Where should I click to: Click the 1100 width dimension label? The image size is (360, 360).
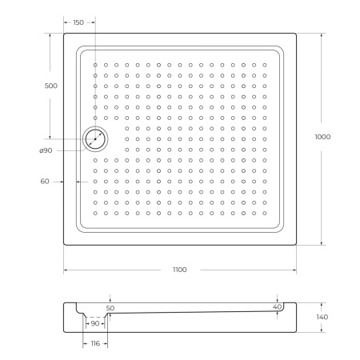coord(179,270)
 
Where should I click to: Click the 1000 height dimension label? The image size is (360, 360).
coord(322,137)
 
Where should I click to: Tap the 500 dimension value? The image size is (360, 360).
coord(50,86)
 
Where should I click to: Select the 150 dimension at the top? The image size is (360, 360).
coord(78,22)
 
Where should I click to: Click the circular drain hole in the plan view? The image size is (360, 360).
coord(95,139)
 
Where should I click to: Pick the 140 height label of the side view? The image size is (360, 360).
coord(322,317)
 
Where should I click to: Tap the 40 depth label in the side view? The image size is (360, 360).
coord(277,306)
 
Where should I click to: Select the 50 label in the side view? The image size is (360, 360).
coord(110,307)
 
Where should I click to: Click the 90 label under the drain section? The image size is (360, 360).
coord(95,323)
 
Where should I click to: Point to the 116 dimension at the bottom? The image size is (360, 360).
coord(95,342)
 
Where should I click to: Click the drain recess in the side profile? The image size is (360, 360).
coord(95,315)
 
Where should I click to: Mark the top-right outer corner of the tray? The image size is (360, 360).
coord(296,34)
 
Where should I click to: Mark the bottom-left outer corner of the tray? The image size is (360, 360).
coord(64,246)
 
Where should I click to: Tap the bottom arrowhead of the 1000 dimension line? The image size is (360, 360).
coord(322,244)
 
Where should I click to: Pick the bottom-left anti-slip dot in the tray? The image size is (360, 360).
coord(95,212)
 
